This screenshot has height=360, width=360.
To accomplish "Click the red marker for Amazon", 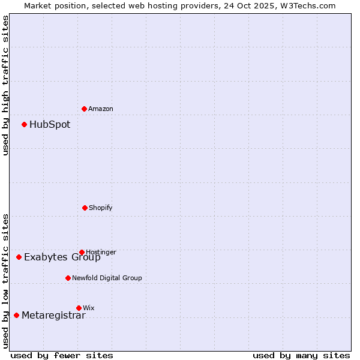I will pyautogui.click(x=84, y=109).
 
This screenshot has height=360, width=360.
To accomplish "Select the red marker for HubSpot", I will pyautogui.click(x=24, y=124).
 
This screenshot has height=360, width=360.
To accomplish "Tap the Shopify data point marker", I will pyautogui.click(x=85, y=208).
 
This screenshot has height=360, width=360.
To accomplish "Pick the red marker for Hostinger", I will pyautogui.click(x=82, y=252).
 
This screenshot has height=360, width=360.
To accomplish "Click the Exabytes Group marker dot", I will pyautogui.click(x=19, y=257).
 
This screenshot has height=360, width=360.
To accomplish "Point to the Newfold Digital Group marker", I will pyautogui.click(x=68, y=278).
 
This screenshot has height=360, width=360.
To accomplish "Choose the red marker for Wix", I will pyautogui.click(x=79, y=308).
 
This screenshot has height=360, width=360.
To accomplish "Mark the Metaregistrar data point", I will pyautogui.click(x=16, y=315).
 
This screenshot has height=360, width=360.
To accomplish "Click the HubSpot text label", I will pyautogui.click(x=50, y=125).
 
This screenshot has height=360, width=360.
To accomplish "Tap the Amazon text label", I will pyautogui.click(x=101, y=109).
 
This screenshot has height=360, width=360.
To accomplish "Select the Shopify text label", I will pyautogui.click(x=101, y=208).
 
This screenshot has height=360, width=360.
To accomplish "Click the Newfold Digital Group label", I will pyautogui.click(x=107, y=278).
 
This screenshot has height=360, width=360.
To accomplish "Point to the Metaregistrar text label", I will pyautogui.click(x=53, y=316).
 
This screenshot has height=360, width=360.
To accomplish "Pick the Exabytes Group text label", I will pyautogui.click(x=62, y=257).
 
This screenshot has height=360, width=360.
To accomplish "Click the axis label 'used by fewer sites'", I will pyautogui.click(x=61, y=355).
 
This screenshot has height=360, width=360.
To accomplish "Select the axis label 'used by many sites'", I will pyautogui.click(x=301, y=355).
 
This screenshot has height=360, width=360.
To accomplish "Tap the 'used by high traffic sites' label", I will pyautogui.click(x=5, y=85).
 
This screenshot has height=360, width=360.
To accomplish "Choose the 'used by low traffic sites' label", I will pyautogui.click(x=5, y=281).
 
